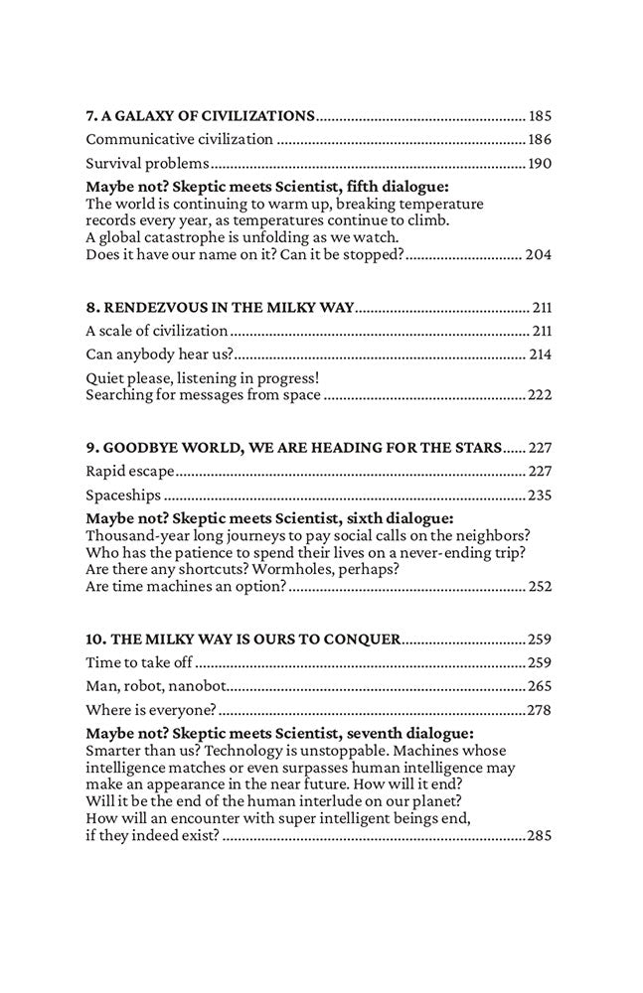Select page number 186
point(541,140)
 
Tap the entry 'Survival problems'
point(147,164)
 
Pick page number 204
point(539,254)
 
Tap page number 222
point(540,395)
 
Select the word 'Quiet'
point(104,378)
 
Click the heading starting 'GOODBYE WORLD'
point(293,447)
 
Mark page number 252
point(539,586)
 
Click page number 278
point(541,710)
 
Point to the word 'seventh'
point(388,734)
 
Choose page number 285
point(540,836)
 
